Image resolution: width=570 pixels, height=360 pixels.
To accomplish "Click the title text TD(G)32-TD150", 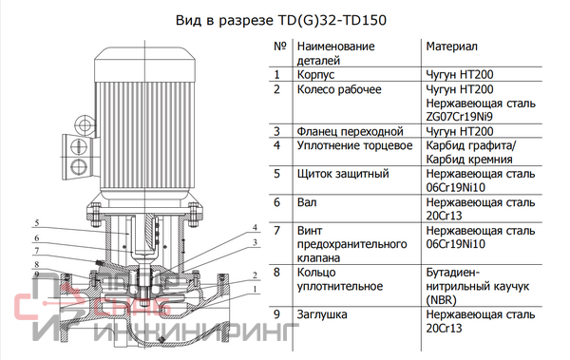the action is tap(332, 20).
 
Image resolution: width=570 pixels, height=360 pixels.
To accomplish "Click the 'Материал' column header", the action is tap(451, 47).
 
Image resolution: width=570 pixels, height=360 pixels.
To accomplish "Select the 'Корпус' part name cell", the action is tap(315, 74).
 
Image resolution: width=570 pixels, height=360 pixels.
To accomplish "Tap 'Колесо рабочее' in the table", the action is tap(339, 89).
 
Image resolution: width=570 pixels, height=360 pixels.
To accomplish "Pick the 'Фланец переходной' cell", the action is tap(350, 131).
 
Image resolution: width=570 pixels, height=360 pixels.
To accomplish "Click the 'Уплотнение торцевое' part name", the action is tap(354, 145).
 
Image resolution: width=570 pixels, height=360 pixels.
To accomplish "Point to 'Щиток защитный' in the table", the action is tap(343, 174).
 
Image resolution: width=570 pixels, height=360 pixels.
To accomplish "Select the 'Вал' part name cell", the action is tap(307, 202).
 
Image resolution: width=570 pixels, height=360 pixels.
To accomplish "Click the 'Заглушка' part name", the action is tap(322, 314).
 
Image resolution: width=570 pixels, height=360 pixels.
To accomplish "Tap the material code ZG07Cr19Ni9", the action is tap(459, 117).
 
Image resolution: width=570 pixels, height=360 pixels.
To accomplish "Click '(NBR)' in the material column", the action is tap(441, 300).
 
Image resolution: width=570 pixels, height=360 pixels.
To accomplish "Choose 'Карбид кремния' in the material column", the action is tap(469, 160).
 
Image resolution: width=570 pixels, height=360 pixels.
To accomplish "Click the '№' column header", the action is tap(280, 47).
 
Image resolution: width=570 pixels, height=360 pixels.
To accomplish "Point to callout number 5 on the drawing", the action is tap(37, 222).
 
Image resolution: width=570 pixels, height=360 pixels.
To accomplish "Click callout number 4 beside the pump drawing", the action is tap(255, 228).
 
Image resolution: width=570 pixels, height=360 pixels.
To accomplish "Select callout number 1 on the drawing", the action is tap(256, 289).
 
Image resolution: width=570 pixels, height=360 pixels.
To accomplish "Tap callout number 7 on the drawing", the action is tap(37, 251).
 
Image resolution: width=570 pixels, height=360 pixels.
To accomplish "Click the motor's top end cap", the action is tap(144, 65).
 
